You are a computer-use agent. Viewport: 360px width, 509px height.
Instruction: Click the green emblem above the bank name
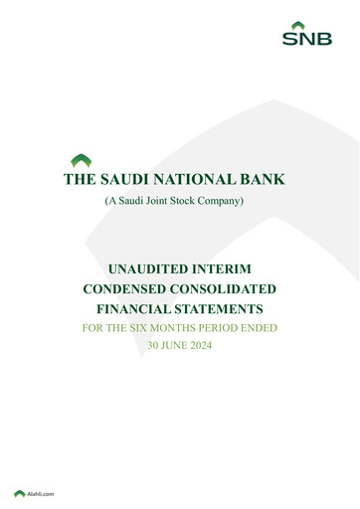tap(82, 159)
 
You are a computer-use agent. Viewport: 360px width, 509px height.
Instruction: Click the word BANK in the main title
tap(262, 180)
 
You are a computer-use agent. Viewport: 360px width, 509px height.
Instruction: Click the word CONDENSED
tap(126, 289)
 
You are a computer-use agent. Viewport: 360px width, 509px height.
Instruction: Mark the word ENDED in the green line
tap(281, 327)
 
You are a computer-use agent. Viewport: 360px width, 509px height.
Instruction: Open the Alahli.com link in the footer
tap(41, 493)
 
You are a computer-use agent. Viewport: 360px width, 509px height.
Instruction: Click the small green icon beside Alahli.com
tap(19, 493)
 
